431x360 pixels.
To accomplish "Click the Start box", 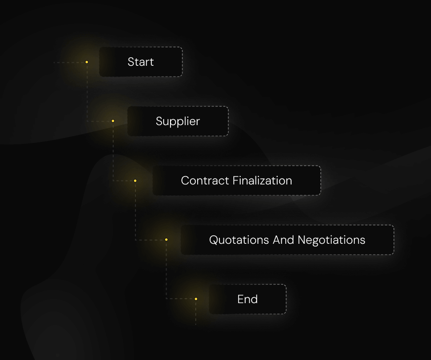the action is [141, 62].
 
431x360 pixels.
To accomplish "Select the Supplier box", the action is [178, 121].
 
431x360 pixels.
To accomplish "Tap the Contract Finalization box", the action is [237, 180].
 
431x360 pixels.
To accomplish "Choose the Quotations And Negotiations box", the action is [287, 240].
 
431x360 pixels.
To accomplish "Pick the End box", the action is [248, 299].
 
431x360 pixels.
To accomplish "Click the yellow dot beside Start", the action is [86, 62].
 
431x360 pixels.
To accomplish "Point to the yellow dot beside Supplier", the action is [113, 121].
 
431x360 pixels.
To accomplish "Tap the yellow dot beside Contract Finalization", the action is [135, 180].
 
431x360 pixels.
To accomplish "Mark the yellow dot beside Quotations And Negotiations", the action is [166, 240].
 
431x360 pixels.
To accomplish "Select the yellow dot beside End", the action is [196, 299].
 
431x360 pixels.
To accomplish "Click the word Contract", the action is [205, 180].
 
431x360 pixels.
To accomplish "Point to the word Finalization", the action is [262, 180].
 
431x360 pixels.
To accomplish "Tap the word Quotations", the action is [239, 240].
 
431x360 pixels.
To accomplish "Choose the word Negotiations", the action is [332, 240].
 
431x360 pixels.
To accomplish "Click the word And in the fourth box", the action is [283, 240].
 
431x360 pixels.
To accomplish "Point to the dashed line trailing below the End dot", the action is [196, 313].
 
